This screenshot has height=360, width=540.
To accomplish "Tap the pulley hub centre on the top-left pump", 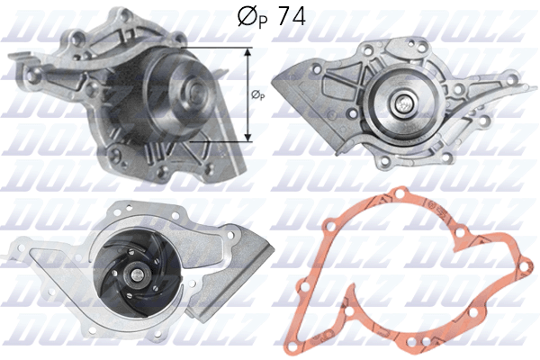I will [x=194, y=90].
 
